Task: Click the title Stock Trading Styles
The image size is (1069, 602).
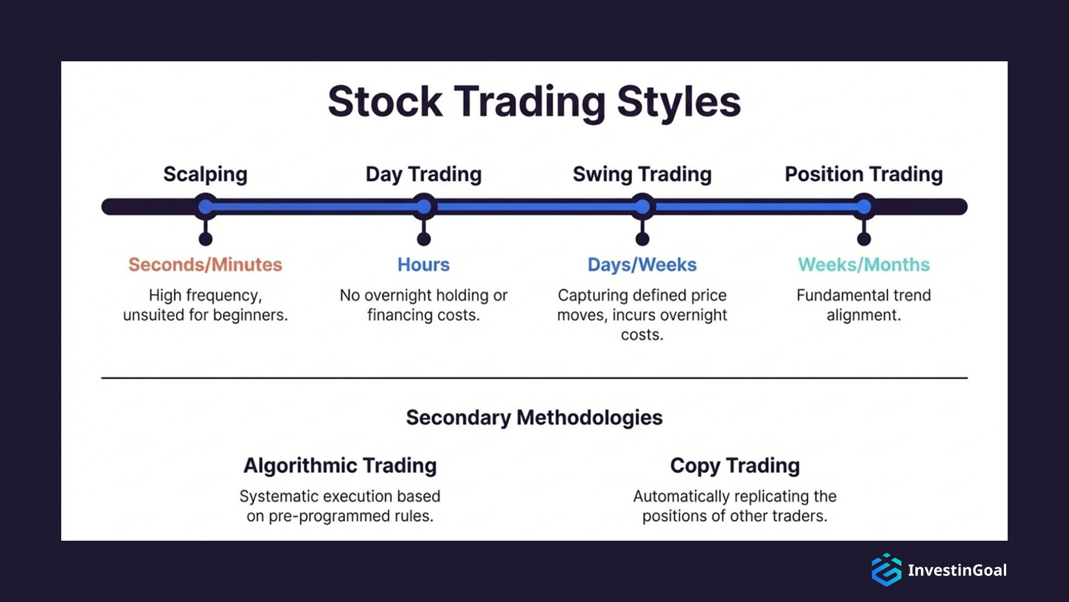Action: click(534, 102)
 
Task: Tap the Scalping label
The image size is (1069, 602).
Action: click(205, 174)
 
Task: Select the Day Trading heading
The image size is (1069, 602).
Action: click(423, 174)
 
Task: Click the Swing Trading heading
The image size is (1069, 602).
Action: click(642, 174)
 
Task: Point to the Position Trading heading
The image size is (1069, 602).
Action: click(864, 174)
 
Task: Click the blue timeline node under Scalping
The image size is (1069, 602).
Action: click(206, 207)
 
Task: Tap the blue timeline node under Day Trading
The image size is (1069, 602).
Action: click(424, 207)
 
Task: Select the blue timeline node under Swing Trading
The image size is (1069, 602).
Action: click(643, 207)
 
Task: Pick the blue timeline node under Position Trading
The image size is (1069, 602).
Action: click(864, 207)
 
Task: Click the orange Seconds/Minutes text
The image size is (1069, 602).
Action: click(205, 264)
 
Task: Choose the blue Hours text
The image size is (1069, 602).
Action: click(423, 264)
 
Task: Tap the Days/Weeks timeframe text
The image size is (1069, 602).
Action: click(642, 264)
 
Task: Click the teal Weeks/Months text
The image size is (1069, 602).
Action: click(864, 264)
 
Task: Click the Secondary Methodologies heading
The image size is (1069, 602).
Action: click(534, 417)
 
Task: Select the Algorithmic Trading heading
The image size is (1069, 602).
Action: click(340, 465)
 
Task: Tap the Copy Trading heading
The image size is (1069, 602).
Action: click(734, 465)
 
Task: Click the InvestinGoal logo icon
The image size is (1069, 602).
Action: click(886, 570)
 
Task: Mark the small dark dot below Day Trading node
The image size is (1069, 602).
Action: click(424, 239)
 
